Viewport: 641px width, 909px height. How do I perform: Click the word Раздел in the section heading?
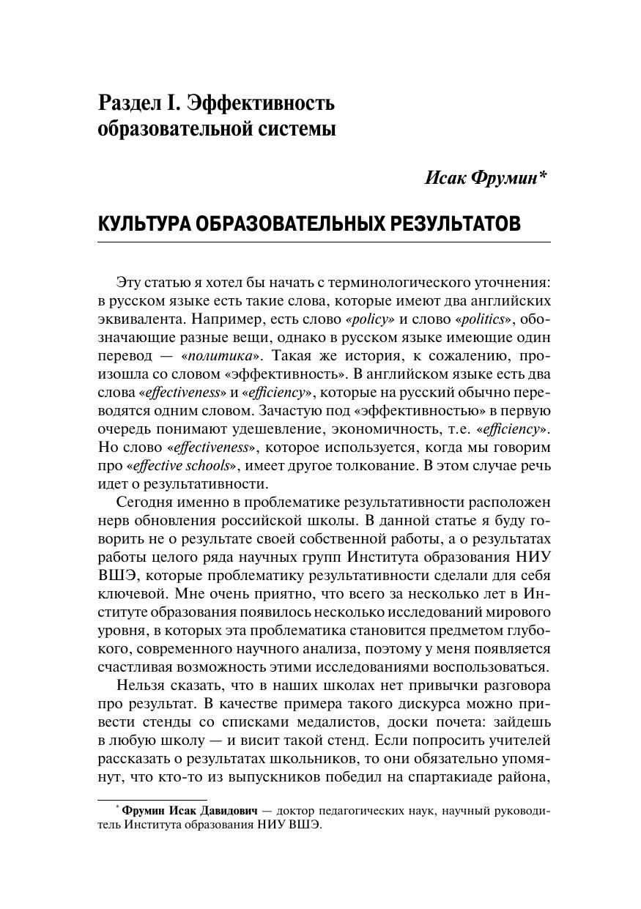pos(132,103)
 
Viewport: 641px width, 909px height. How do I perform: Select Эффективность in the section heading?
pos(262,103)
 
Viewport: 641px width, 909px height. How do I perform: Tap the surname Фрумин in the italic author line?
pos(507,178)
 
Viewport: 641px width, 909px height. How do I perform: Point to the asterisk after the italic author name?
pos(544,176)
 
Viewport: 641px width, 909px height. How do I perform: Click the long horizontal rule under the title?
pos(324,242)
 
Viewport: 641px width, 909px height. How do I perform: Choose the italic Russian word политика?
pos(220,356)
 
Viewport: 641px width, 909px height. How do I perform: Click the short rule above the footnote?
pos(152,800)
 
